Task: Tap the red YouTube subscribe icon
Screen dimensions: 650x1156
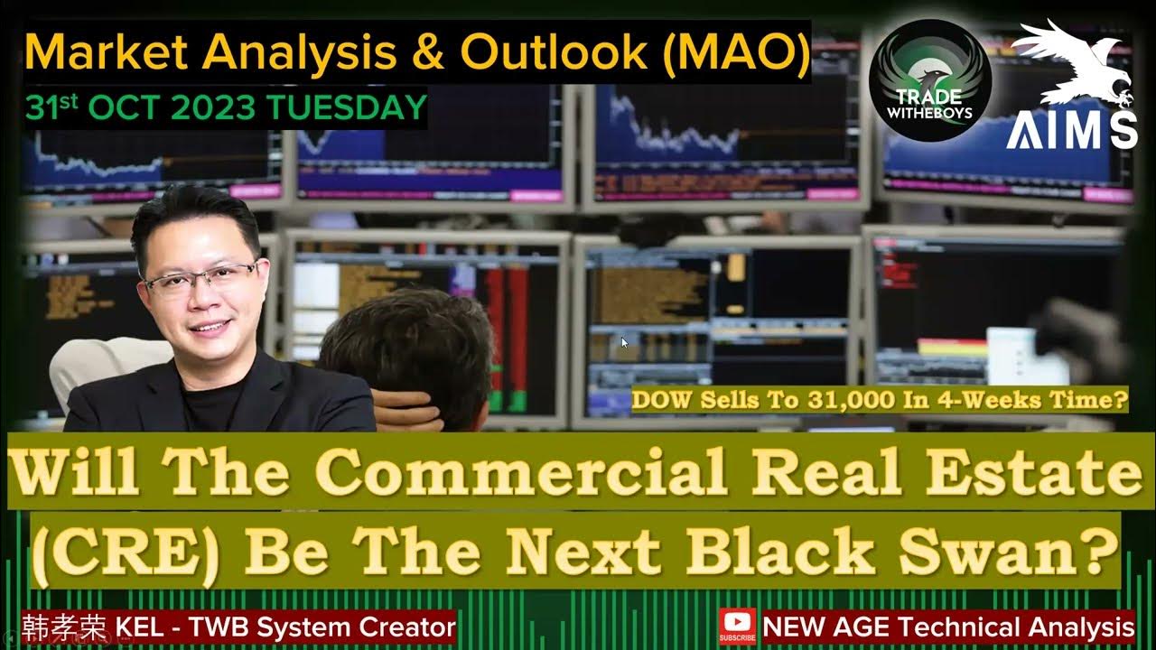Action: point(737,626)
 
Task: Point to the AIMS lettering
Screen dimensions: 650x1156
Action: point(1072,132)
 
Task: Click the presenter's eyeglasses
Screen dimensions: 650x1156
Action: point(200,277)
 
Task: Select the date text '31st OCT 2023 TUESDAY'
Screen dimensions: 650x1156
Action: point(226,108)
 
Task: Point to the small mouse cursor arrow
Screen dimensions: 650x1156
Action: point(624,343)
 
